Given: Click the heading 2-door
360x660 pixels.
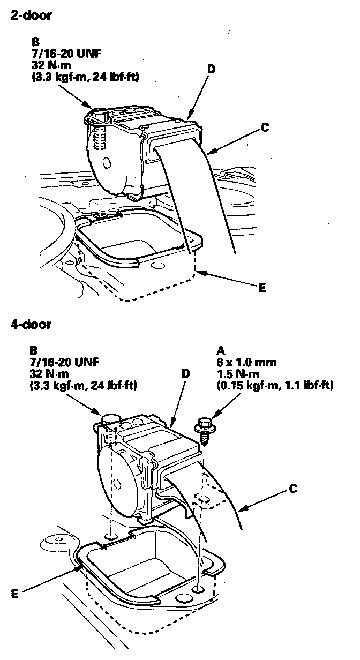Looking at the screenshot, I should pos(31,16).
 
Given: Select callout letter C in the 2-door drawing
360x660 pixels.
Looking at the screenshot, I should pos(266,128).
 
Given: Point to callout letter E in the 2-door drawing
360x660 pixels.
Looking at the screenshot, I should pos(262,288).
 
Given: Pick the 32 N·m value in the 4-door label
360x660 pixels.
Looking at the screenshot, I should pos(50,373).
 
